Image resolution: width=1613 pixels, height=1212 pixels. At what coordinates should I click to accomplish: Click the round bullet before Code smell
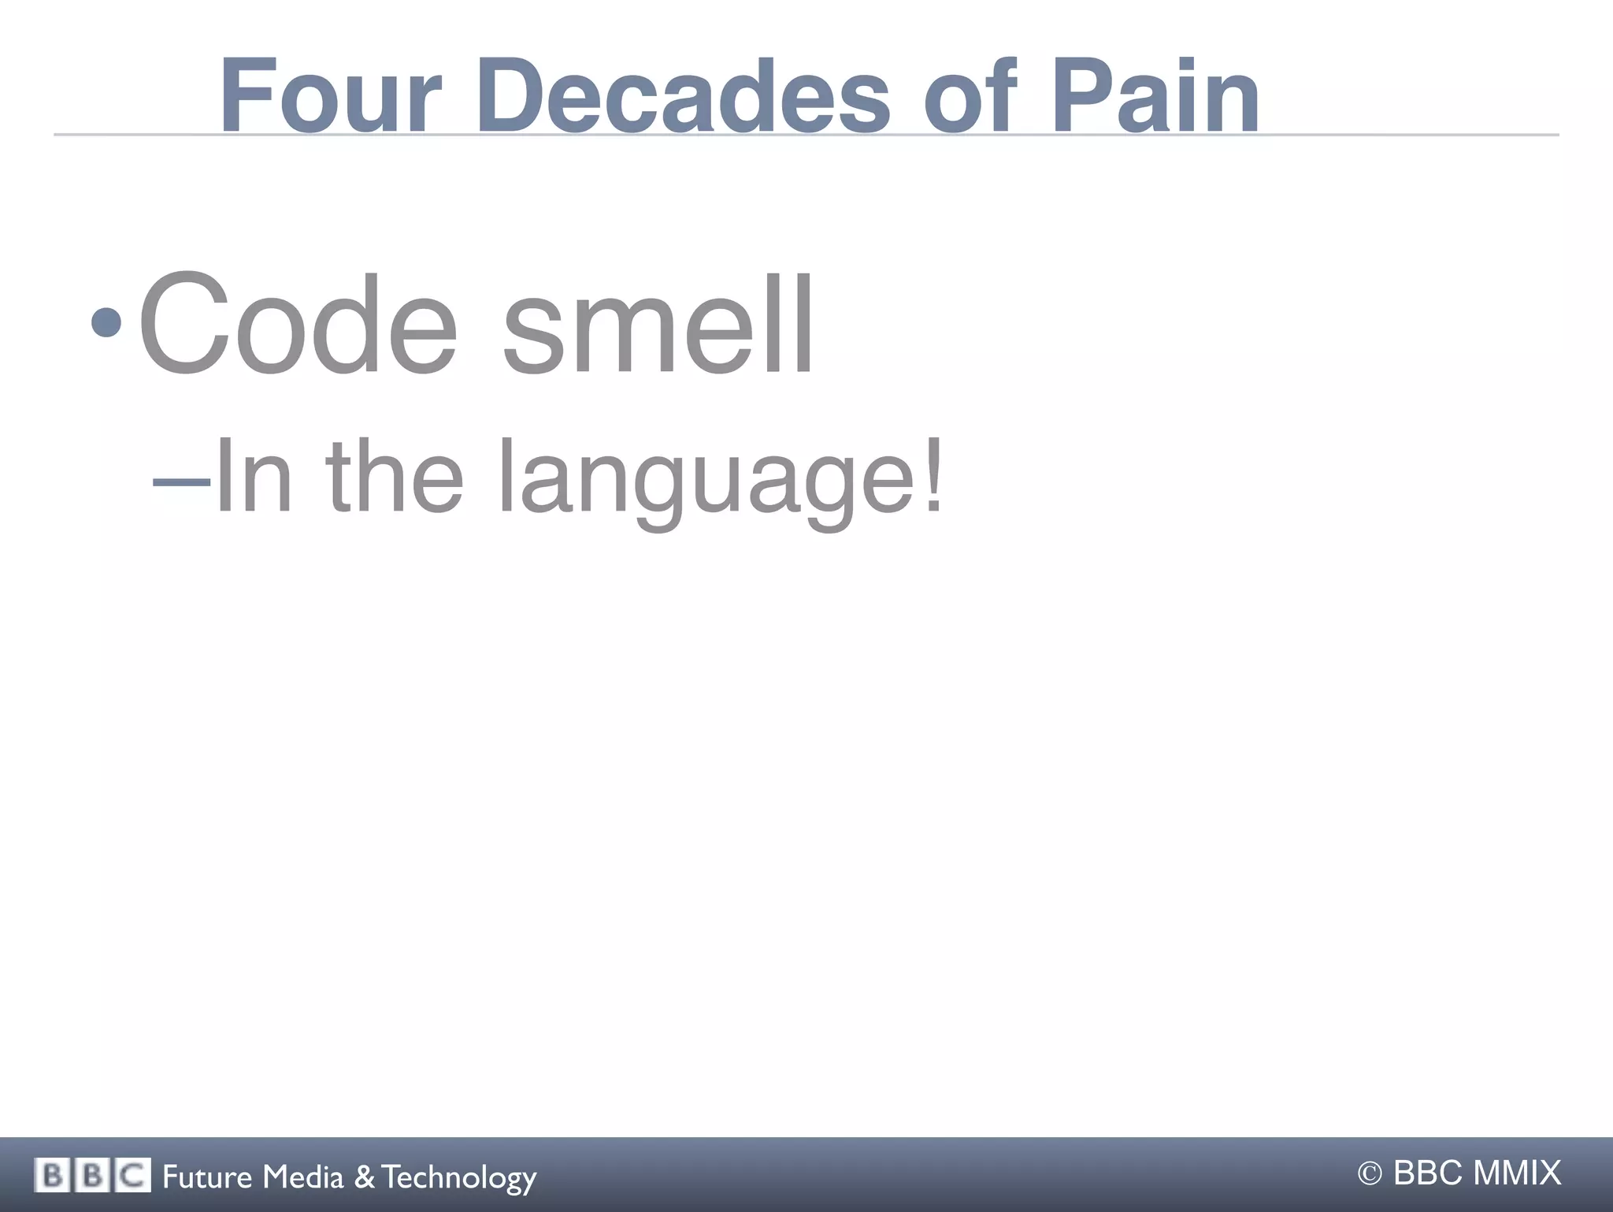pos(106,322)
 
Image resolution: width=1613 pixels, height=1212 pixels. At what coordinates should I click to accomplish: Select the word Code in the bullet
pos(298,325)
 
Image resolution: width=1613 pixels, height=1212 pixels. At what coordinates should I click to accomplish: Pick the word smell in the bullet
pos(658,325)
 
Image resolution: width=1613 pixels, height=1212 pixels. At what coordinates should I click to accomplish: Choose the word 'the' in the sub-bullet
pos(394,477)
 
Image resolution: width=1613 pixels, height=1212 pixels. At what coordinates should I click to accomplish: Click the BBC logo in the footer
pos(92,1176)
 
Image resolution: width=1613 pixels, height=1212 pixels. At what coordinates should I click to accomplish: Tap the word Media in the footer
pos(303,1177)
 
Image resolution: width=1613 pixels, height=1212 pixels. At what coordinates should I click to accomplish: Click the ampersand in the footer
pos(364,1177)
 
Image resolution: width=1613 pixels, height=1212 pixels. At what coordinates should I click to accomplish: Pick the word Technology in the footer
pos(459,1178)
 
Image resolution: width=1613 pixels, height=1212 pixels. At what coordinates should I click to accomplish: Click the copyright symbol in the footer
pos(1370,1174)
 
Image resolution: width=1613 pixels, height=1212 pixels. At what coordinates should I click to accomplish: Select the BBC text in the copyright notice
pos(1429,1173)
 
